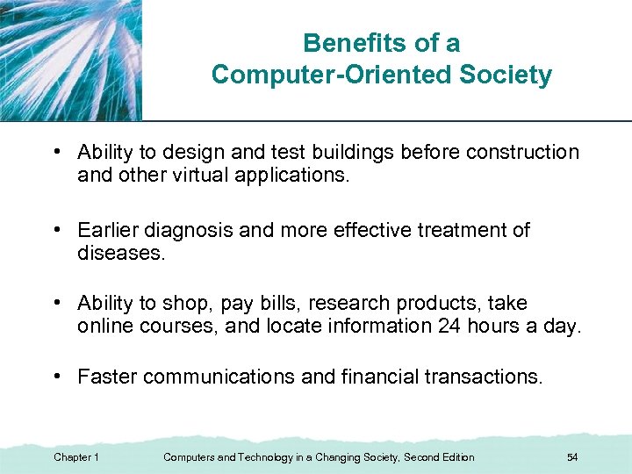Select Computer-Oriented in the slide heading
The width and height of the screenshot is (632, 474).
[333, 75]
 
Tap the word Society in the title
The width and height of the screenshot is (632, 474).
[506, 75]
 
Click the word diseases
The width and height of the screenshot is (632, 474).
[120, 253]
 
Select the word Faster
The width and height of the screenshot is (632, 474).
[108, 377]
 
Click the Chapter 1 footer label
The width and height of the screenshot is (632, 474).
[76, 457]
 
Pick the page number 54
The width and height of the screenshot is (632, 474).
[572, 457]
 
